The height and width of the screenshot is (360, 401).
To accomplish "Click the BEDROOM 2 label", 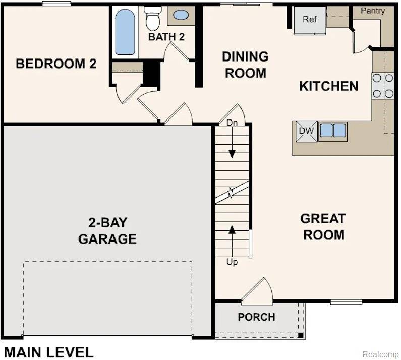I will pyautogui.click(x=56, y=64).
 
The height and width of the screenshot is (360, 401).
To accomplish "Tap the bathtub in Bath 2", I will pyautogui.click(x=125, y=32).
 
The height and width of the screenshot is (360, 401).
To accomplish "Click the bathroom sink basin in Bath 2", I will pyautogui.click(x=181, y=15).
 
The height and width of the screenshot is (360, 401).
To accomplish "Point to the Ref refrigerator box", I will pyautogui.click(x=310, y=20).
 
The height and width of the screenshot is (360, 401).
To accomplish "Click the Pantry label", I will pyautogui.click(x=373, y=11).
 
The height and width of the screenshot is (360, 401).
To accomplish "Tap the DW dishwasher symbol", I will pyautogui.click(x=306, y=131).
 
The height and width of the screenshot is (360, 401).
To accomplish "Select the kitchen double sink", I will pyautogui.click(x=333, y=131).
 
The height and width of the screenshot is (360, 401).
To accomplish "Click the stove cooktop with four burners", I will pyautogui.click(x=383, y=86).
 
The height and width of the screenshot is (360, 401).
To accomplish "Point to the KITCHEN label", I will pyautogui.click(x=329, y=86).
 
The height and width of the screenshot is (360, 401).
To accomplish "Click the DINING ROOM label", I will pyautogui.click(x=245, y=65).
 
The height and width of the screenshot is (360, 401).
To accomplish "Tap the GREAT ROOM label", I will pyautogui.click(x=323, y=227).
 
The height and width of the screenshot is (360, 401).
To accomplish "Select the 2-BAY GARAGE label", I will pyautogui.click(x=107, y=230).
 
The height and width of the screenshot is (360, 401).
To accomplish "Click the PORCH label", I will pyautogui.click(x=257, y=317).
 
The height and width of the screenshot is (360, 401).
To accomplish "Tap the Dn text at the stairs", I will pyautogui.click(x=232, y=123).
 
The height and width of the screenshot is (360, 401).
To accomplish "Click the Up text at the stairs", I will pyautogui.click(x=232, y=262).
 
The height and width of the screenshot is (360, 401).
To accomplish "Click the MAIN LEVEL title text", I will pyautogui.click(x=49, y=352).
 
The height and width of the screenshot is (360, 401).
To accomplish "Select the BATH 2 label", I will pyautogui.click(x=166, y=37).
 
